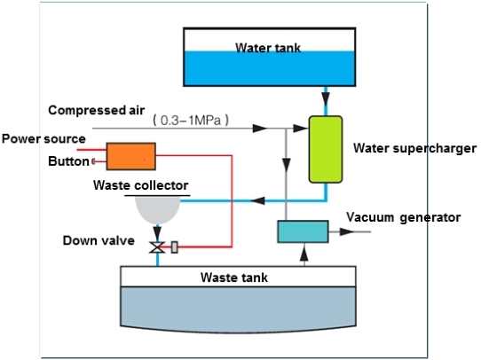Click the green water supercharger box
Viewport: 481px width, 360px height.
pos(326,149)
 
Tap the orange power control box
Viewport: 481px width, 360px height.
pos(131,156)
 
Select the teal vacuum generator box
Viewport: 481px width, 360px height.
pos(304,231)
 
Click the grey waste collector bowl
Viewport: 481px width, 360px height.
pos(157,210)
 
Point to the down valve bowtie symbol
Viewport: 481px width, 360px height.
pos(157,247)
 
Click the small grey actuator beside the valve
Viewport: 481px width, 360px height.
pos(175,247)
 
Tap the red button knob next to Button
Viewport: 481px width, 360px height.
pos(93,161)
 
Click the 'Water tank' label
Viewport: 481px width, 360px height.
pos(268,48)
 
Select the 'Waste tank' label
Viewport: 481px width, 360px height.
pos(234,278)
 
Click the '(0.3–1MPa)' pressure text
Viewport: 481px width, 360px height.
pos(191,120)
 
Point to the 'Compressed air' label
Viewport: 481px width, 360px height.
pos(97,110)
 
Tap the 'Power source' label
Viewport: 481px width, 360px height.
pos(43,139)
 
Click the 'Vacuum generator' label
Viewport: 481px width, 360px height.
pos(404,217)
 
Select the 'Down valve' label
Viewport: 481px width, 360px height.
pos(99,240)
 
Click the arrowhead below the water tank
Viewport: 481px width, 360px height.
pos(326,99)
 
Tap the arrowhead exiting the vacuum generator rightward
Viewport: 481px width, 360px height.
pos(347,231)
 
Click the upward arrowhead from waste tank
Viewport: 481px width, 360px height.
pos(304,254)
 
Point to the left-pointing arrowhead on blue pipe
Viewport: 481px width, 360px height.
pos(258,201)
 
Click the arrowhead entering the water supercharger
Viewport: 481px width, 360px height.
pos(300,128)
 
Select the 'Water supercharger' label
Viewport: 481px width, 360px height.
pos(414,148)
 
